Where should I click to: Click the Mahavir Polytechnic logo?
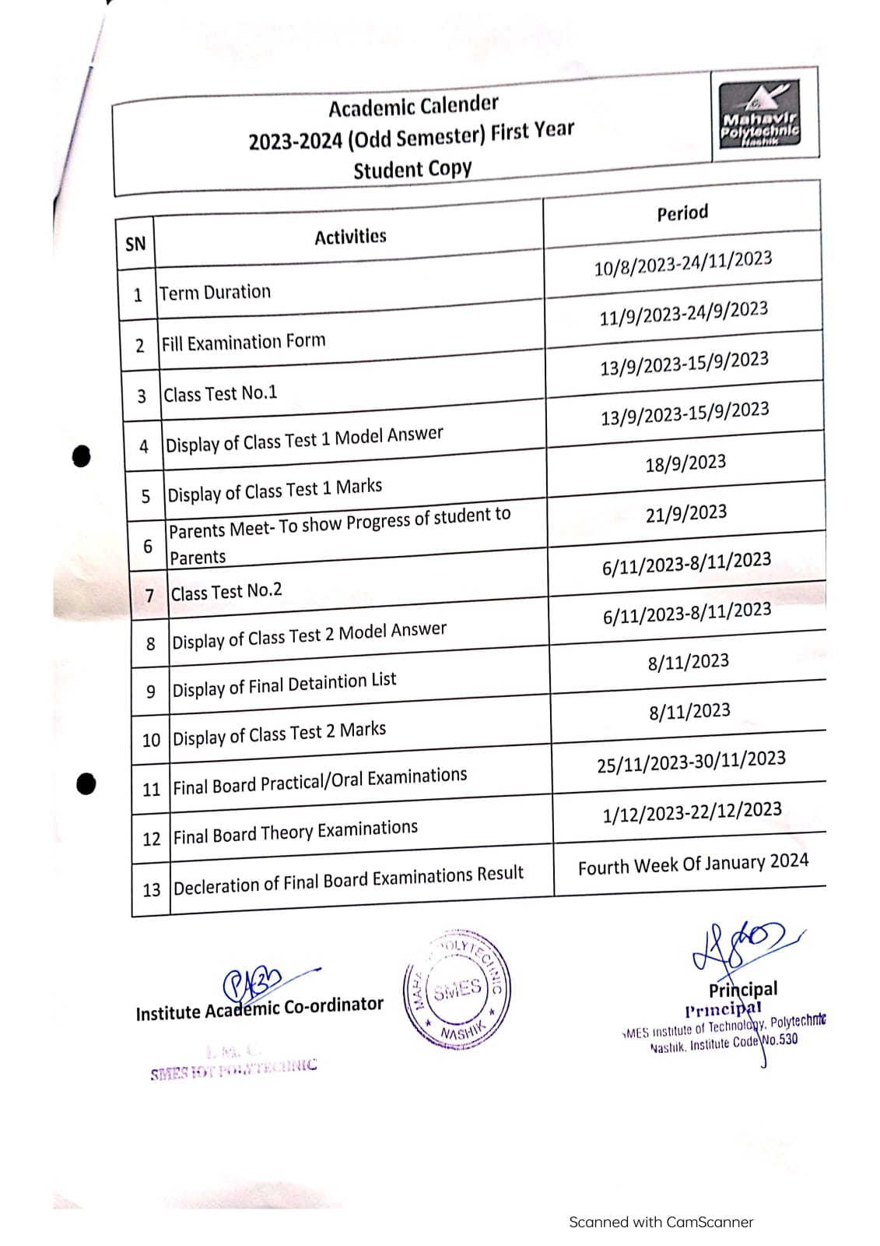pyautogui.click(x=759, y=115)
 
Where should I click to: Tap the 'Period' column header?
pyautogui.click(x=682, y=213)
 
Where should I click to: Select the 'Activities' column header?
pyautogui.click(x=350, y=237)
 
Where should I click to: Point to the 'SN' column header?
pyautogui.click(x=135, y=244)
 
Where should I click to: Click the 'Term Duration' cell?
pyautogui.click(x=216, y=293)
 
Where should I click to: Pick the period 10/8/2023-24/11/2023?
pyautogui.click(x=683, y=263)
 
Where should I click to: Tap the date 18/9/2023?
pyautogui.click(x=685, y=463)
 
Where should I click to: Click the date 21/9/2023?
pyautogui.click(x=686, y=513)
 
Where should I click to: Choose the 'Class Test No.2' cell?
pyautogui.click(x=226, y=592)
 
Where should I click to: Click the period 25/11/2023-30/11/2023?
pyautogui.click(x=691, y=762)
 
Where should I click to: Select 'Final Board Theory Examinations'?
pyautogui.click(x=295, y=832)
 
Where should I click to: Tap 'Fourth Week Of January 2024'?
pyautogui.click(x=692, y=864)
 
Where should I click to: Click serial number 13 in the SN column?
pyautogui.click(x=151, y=889)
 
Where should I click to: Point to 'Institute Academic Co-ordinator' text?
pyautogui.click(x=259, y=1008)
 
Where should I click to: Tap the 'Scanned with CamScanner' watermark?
pyautogui.click(x=661, y=1222)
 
